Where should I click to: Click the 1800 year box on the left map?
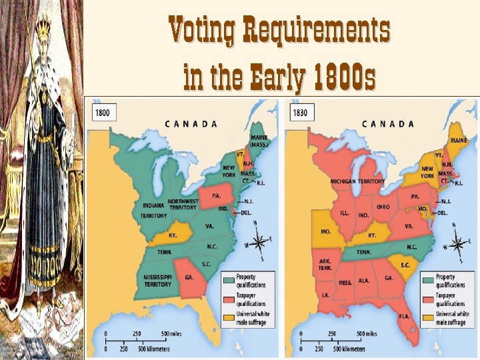103,113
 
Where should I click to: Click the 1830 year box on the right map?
300,113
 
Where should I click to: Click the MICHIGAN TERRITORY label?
357,181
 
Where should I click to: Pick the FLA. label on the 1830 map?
404,316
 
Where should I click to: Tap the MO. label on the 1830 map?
326,231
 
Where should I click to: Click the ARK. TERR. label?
325,263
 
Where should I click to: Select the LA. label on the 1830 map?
325,294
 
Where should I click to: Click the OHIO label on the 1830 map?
383,207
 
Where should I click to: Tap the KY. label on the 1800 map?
173,235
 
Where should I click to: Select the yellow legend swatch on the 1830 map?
428,317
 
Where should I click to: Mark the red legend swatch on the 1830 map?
428,299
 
